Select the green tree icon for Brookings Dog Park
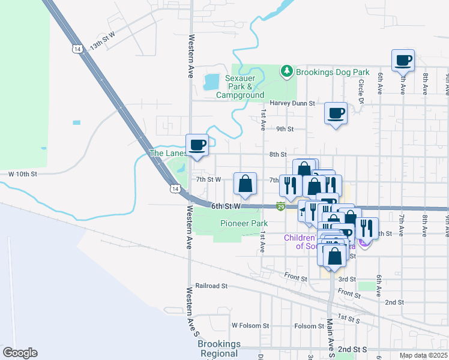click(288, 72)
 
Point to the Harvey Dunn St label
click(292, 103)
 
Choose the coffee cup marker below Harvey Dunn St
click(336, 113)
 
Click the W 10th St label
click(23, 174)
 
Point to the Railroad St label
click(212, 286)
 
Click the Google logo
click(20, 353)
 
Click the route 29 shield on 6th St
click(281, 207)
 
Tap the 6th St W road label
click(226, 206)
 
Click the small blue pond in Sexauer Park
click(211, 81)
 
